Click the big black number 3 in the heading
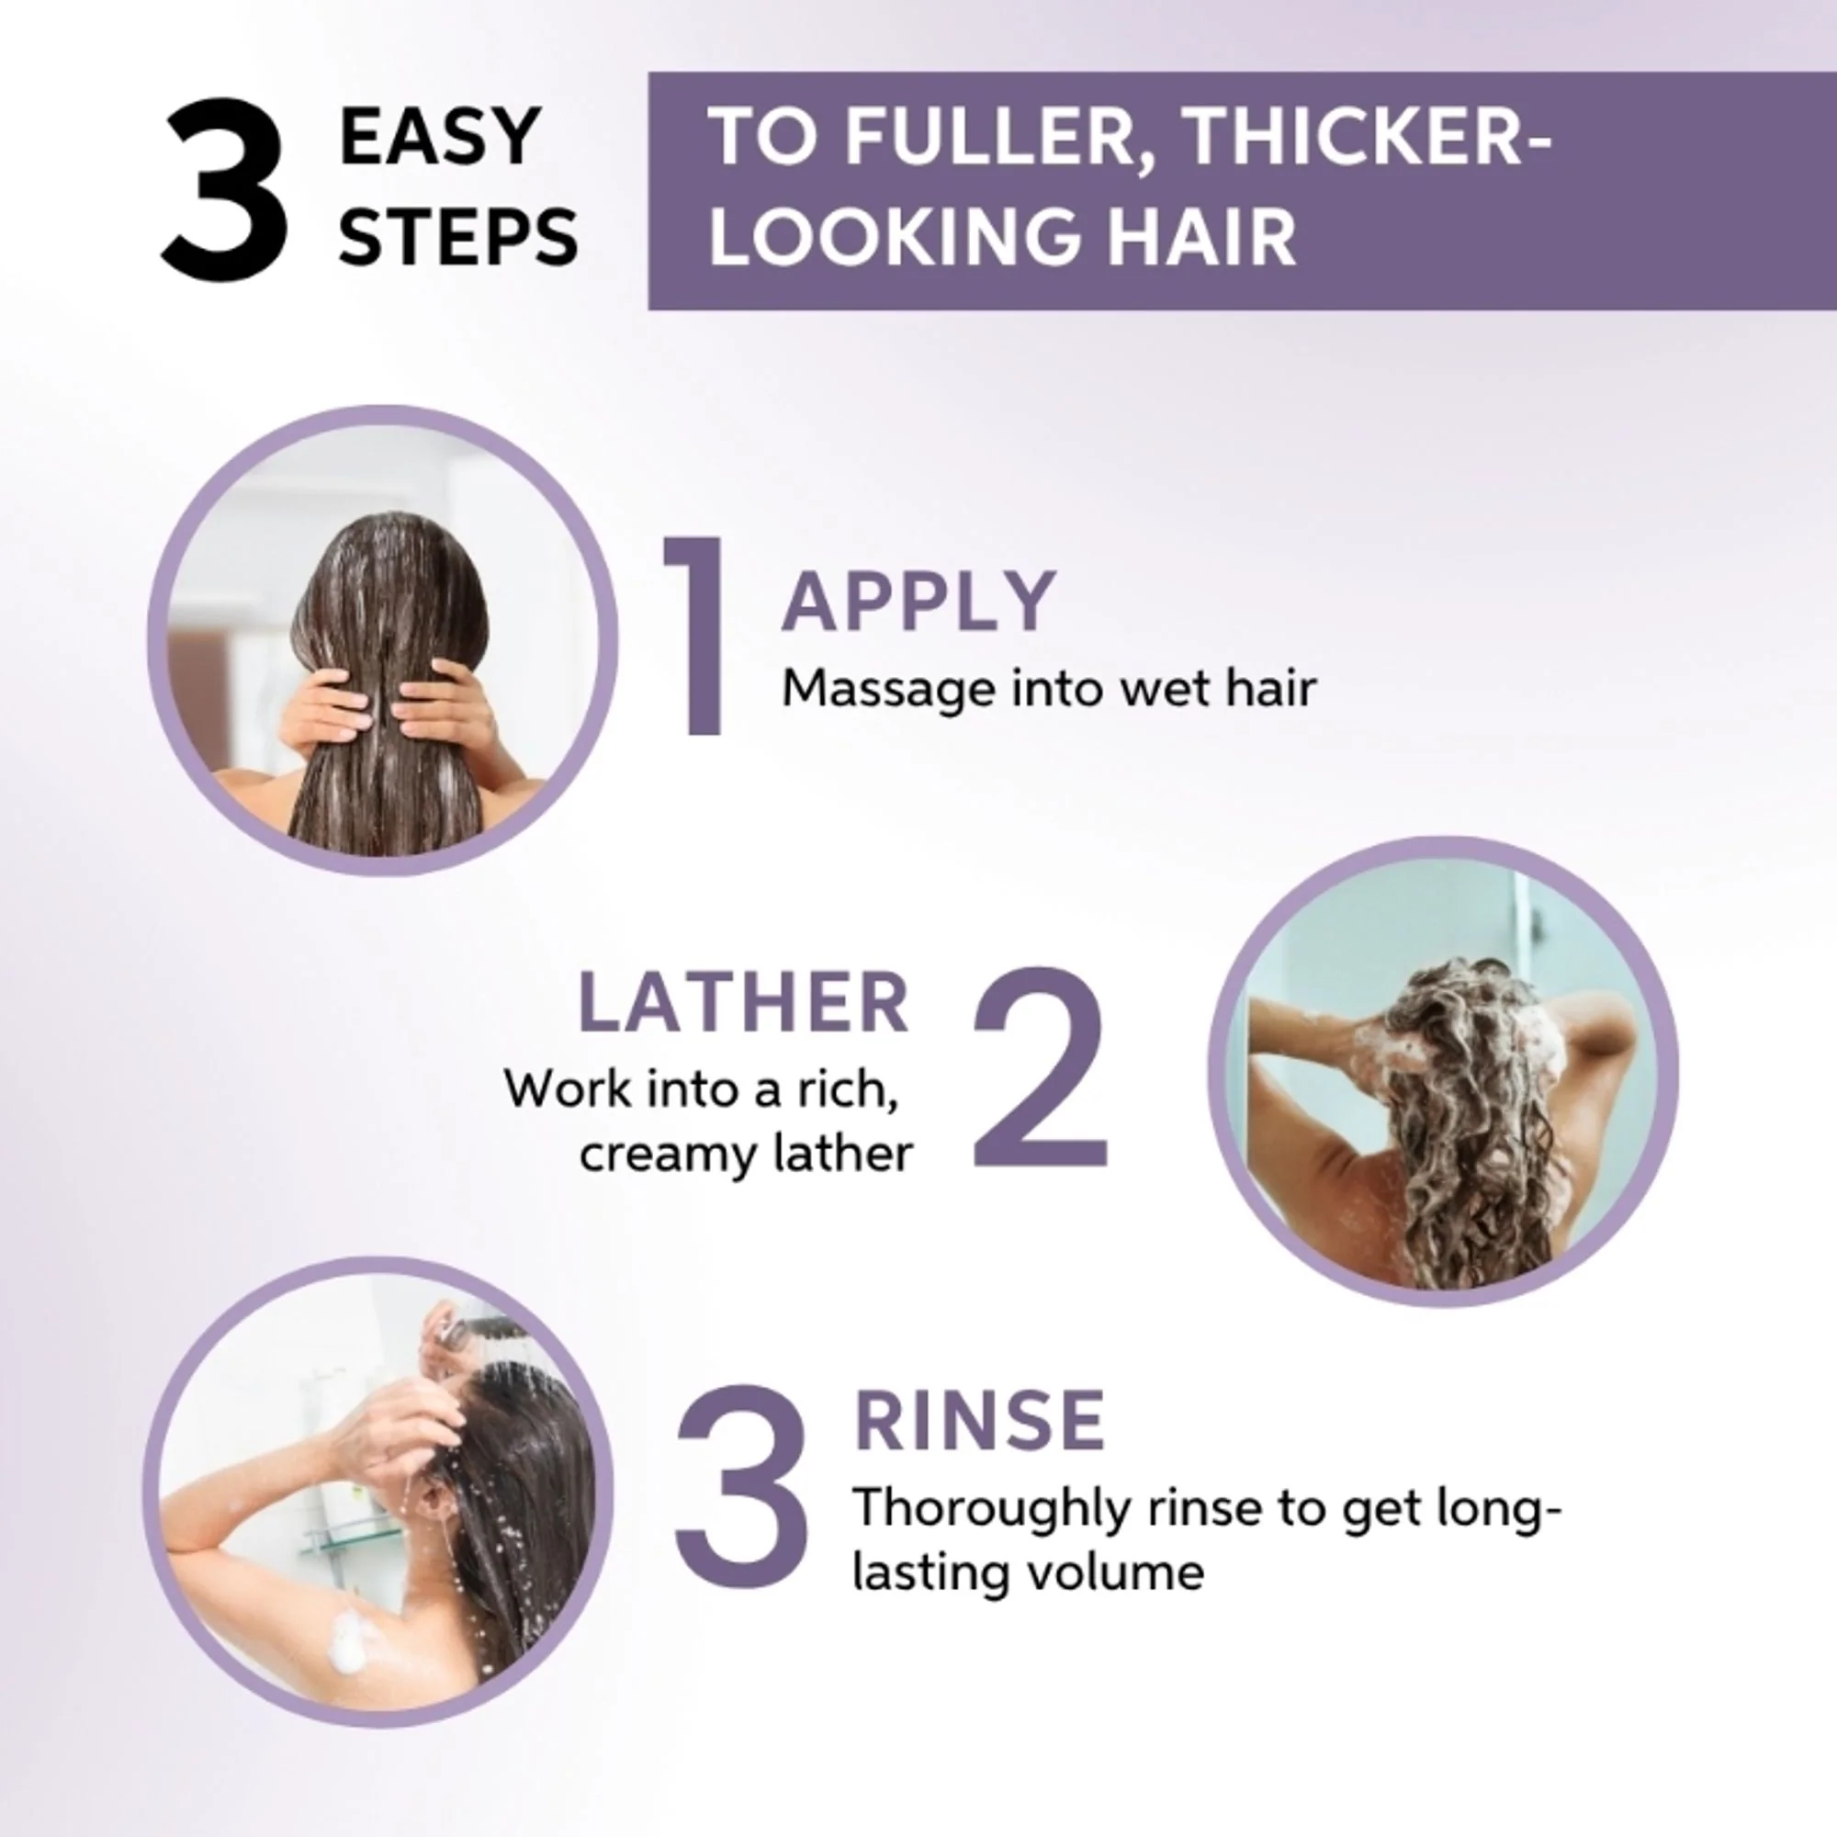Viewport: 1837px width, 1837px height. click(x=223, y=190)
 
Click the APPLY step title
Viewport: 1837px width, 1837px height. click(x=918, y=601)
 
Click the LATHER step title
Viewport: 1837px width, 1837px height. click(x=744, y=1002)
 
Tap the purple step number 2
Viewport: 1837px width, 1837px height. click(x=1042, y=1070)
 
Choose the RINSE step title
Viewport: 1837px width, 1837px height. click(x=979, y=1421)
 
